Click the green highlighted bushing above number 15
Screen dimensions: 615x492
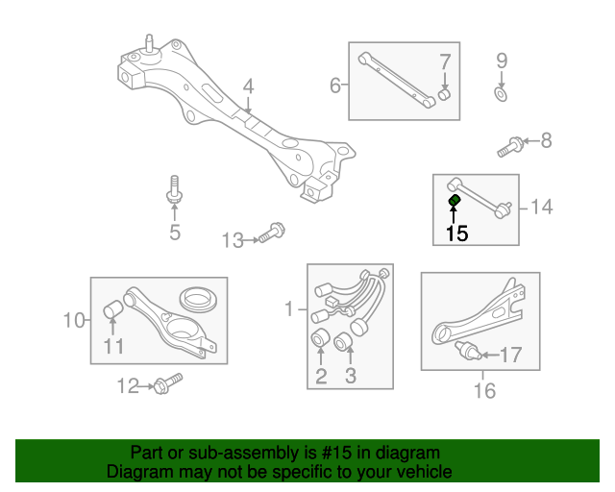[x=455, y=200]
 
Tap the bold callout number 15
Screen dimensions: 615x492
[x=457, y=234]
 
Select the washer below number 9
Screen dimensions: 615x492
[x=501, y=94]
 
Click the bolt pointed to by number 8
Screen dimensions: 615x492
[x=510, y=147]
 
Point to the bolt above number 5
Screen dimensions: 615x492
[x=175, y=189]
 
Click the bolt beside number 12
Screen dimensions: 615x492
[x=168, y=383]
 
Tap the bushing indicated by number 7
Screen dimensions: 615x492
[x=444, y=94]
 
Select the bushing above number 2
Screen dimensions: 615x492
[x=320, y=338]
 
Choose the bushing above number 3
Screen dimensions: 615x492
[x=344, y=341]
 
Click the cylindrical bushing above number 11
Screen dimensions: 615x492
[x=113, y=308]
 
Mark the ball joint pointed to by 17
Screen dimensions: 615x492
[x=468, y=351]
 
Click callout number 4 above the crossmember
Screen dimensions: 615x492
[x=248, y=86]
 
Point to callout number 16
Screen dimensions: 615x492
[x=484, y=390]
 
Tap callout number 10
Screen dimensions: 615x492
[x=74, y=321]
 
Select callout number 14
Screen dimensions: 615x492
[x=541, y=207]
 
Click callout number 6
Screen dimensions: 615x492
[x=335, y=86]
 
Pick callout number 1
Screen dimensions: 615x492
[x=289, y=308]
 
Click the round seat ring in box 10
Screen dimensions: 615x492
[x=200, y=300]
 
